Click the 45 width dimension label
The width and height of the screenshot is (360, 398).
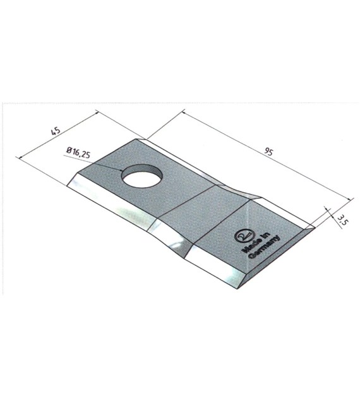[56, 131]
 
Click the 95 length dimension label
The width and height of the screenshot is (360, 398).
[268, 152]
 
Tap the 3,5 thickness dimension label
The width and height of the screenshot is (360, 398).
[343, 220]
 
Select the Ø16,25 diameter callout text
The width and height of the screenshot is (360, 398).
[78, 152]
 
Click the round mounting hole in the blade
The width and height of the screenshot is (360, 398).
[142, 176]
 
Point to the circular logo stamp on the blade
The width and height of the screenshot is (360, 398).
[243, 236]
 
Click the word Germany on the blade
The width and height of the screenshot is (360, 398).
[264, 248]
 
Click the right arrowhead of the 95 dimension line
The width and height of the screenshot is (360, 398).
[351, 199]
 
